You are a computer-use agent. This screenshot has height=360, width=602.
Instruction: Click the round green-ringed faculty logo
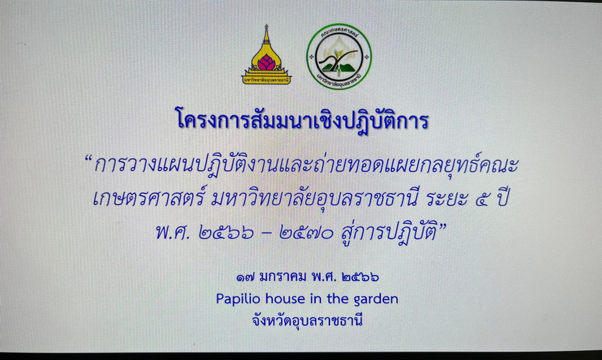tap(339, 57)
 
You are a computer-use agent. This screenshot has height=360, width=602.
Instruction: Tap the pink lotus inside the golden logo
tap(266, 62)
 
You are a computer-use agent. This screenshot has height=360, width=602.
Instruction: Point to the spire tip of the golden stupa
tap(266, 25)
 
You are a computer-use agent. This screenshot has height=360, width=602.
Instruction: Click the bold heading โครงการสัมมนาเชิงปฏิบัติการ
tap(302, 119)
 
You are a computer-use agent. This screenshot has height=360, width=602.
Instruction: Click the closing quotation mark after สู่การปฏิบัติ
tap(443, 226)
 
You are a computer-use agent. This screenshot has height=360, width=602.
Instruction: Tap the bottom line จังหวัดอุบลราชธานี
tap(307, 321)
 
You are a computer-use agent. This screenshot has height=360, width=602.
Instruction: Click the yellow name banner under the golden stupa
tap(266, 81)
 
